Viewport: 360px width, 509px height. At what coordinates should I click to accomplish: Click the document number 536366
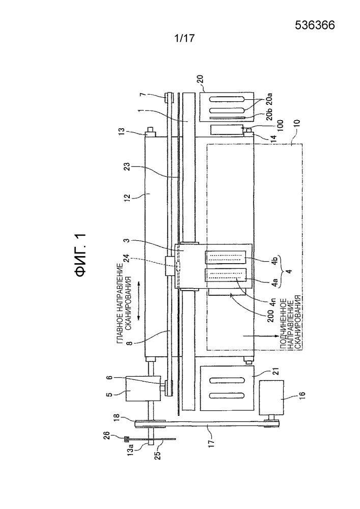(x=315, y=25)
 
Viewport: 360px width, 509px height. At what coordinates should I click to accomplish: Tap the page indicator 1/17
(x=184, y=38)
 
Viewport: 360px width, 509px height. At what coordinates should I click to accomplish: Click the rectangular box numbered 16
(x=271, y=397)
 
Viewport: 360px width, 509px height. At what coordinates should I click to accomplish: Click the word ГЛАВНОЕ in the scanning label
(x=121, y=327)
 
